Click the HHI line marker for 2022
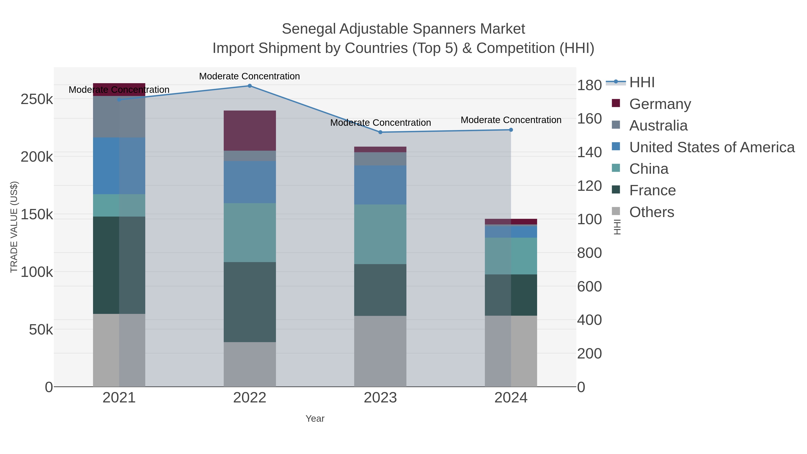(250, 86)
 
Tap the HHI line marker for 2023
(380, 132)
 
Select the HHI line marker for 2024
(511, 130)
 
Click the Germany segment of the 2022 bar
(250, 131)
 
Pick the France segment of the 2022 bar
(250, 302)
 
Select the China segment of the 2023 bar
(380, 234)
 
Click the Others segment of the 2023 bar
(380, 351)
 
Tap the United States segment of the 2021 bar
(119, 166)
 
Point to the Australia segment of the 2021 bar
(119, 117)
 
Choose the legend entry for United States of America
(712, 147)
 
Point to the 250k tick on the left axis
(37, 99)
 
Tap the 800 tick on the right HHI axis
(589, 253)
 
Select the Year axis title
(315, 419)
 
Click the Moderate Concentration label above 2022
(250, 76)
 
